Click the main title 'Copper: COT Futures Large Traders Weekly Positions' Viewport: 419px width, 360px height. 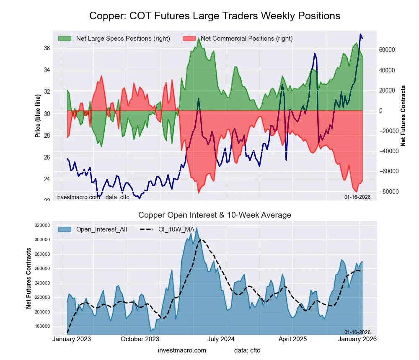(215, 16)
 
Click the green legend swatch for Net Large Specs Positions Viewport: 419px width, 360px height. (65, 39)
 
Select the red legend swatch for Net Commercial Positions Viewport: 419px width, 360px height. (189, 39)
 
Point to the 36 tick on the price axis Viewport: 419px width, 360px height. (47, 48)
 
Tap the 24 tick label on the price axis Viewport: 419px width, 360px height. (47, 179)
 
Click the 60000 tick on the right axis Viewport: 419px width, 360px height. (387, 50)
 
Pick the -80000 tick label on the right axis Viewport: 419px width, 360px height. (388, 191)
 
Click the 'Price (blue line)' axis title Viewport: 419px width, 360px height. (38, 116)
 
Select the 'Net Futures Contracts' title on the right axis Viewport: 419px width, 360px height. (403, 116)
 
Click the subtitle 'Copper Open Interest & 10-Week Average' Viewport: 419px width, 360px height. (215, 215)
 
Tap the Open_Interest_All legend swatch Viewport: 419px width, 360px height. (65, 229)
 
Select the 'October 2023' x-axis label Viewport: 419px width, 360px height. (140, 339)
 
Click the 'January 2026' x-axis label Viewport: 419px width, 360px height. (357, 339)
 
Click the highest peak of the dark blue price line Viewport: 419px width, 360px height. (360, 34)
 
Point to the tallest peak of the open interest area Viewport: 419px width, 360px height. (197, 228)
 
